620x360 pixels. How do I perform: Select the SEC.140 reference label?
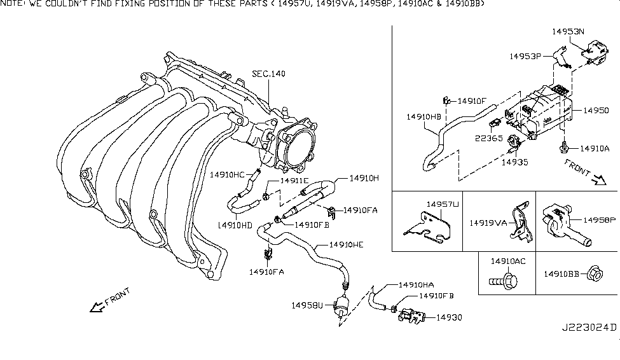pos(268,74)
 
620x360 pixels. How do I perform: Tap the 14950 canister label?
pos(596,111)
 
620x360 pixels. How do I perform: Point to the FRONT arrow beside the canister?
pos(581,172)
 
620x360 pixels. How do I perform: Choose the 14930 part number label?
pos(449,317)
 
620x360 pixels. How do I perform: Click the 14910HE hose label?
pos(347,245)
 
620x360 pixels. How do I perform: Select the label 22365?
pos(488,137)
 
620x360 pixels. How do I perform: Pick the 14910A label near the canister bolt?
pos(595,149)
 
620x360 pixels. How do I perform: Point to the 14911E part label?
pos(294,181)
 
